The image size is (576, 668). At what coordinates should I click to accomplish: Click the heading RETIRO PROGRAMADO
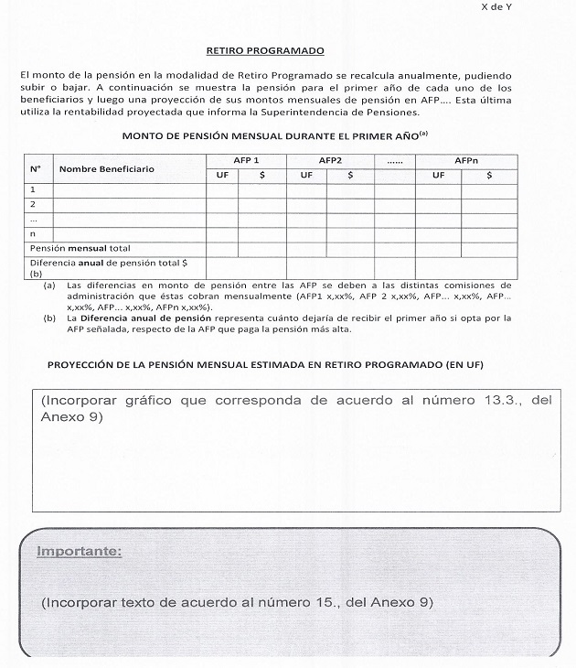265,51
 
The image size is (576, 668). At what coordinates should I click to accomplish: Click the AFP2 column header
330,160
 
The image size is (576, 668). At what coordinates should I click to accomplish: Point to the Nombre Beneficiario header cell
107,168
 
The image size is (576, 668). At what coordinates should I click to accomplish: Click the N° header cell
36,168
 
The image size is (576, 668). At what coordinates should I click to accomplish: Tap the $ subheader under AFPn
489,175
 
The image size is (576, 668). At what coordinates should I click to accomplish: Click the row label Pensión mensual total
80,248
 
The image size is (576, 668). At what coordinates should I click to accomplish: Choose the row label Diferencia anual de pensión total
108,263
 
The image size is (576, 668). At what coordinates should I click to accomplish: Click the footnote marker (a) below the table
49,286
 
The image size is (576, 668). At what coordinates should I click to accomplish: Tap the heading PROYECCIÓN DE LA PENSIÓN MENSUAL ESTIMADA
265,365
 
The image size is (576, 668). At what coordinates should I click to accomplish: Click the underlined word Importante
79,552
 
